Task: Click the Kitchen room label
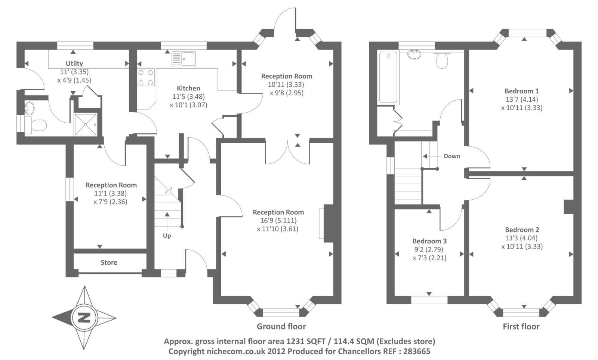(x=188, y=88)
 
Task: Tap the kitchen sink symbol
(x=184, y=59)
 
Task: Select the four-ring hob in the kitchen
(x=146, y=77)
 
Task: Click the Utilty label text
(x=74, y=64)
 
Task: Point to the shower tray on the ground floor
(x=86, y=124)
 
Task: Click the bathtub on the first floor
(x=388, y=77)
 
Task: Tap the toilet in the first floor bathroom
(x=442, y=60)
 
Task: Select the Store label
(x=109, y=262)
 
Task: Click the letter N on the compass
(x=84, y=318)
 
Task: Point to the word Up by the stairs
(x=167, y=236)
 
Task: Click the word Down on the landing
(x=452, y=156)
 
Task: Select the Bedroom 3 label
(x=429, y=241)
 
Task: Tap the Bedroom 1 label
(x=522, y=91)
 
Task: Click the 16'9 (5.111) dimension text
(x=278, y=221)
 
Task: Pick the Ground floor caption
(x=281, y=326)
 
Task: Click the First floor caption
(x=521, y=326)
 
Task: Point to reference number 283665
(x=417, y=351)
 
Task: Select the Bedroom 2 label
(x=522, y=230)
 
